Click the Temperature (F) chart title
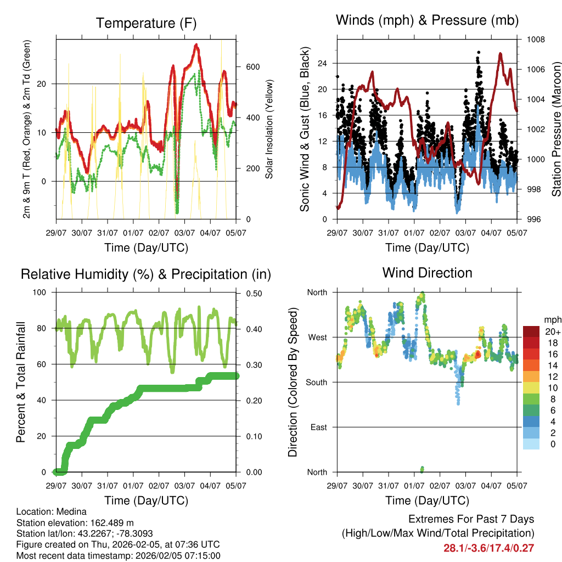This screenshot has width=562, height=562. [x=146, y=23]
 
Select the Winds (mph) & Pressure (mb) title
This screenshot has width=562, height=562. [x=427, y=20]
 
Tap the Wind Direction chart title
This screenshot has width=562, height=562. [x=427, y=273]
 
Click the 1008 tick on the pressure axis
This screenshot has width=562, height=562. [x=535, y=40]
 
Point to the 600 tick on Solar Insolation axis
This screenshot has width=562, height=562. [x=252, y=67]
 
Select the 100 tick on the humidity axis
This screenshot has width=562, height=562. [x=44, y=292]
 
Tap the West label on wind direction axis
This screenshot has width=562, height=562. [x=317, y=338]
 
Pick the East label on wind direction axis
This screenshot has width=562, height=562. [x=318, y=427]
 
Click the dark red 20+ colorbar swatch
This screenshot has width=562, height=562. [x=532, y=332]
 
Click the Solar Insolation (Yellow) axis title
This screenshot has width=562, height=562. [x=269, y=129]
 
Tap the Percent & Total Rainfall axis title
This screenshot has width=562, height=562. [x=21, y=381]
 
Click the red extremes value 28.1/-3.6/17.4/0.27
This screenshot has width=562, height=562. [x=488, y=548]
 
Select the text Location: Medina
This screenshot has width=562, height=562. [x=52, y=512]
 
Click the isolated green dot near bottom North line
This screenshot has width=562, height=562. [x=422, y=469]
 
